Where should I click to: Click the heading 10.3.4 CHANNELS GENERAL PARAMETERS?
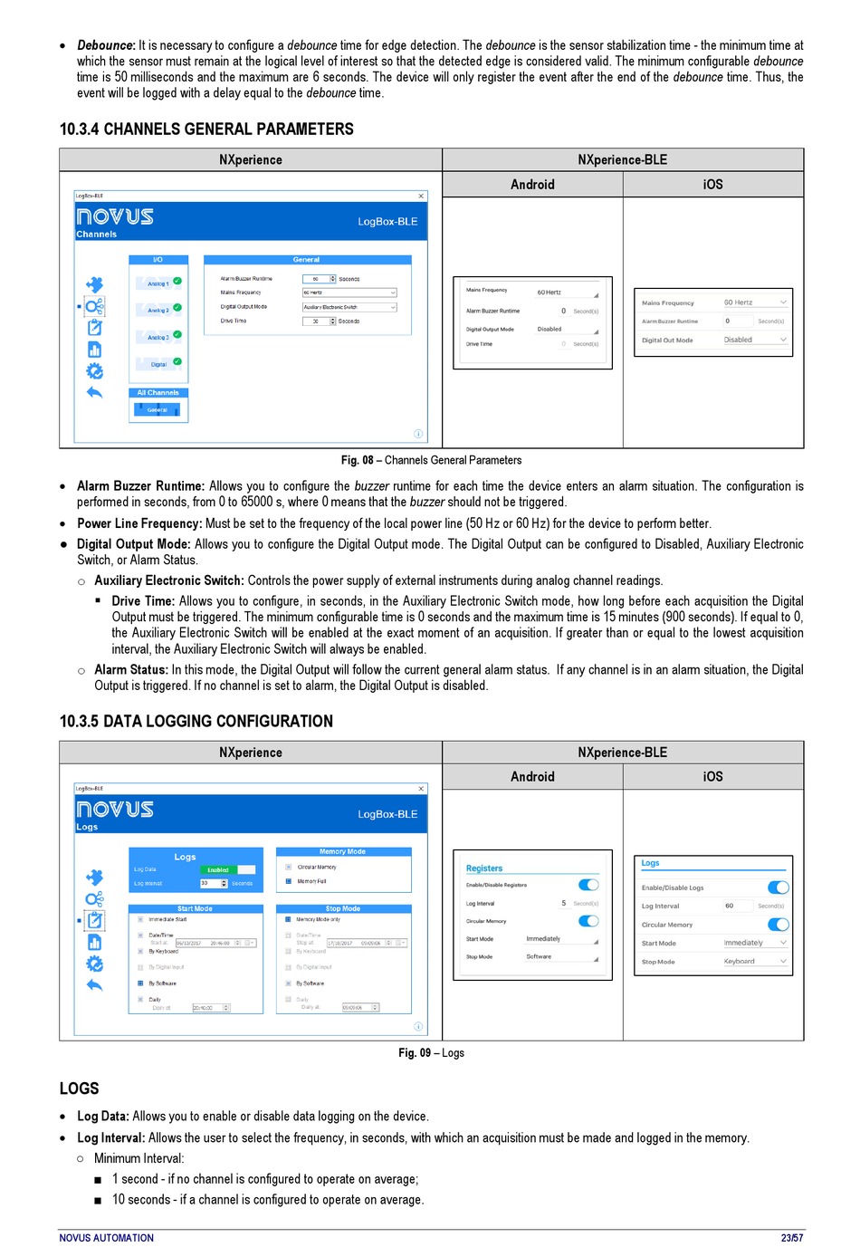pos(206,129)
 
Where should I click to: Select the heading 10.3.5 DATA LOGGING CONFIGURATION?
pos(196,722)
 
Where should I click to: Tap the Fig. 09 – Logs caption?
pos(431,1052)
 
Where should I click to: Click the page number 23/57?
pos(792,1238)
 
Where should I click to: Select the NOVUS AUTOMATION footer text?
pos(106,1238)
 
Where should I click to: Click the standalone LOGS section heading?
pos(79,1089)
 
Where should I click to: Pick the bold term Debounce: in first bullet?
pos(106,45)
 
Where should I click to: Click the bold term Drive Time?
pos(143,601)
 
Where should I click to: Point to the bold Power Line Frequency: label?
pos(139,523)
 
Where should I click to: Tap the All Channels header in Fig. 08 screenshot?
pos(158,393)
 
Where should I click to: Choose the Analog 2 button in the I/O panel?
pos(158,311)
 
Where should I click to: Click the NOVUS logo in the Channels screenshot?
pos(115,216)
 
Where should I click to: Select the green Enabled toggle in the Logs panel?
pos(218,870)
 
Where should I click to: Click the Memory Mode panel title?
pos(343,851)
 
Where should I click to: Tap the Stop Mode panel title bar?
pos(343,908)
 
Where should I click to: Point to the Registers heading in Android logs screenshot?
pos(484,868)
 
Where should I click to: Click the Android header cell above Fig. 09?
pos(532,777)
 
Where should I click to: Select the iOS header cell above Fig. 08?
pos(712,185)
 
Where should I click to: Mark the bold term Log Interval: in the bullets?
pos(110,1138)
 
